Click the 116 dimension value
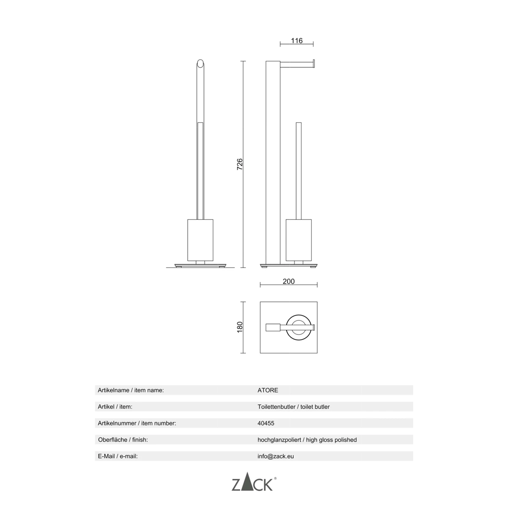pos(296,41)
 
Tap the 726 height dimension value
pos(239,164)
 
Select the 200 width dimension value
pos(288,281)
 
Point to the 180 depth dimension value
pos(240,327)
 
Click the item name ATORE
pos(268,390)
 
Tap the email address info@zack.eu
pos(276,456)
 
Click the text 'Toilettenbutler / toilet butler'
pos(293,407)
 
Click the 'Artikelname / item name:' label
pos(131,390)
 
